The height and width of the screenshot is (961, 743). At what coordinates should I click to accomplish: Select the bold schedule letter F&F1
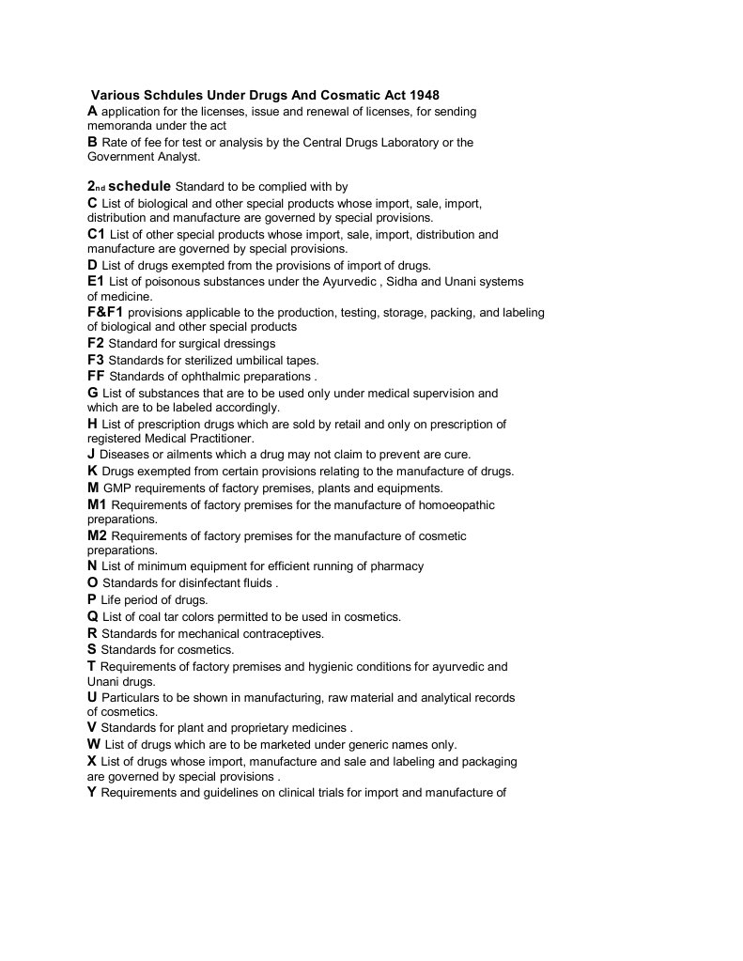click(x=105, y=312)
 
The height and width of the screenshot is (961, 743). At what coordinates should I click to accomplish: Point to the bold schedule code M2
click(x=97, y=535)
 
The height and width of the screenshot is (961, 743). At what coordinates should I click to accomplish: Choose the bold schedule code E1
click(x=96, y=281)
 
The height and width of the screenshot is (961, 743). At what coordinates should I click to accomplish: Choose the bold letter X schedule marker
click(x=92, y=761)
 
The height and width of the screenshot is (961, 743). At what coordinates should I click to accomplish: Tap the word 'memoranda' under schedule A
click(x=116, y=125)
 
